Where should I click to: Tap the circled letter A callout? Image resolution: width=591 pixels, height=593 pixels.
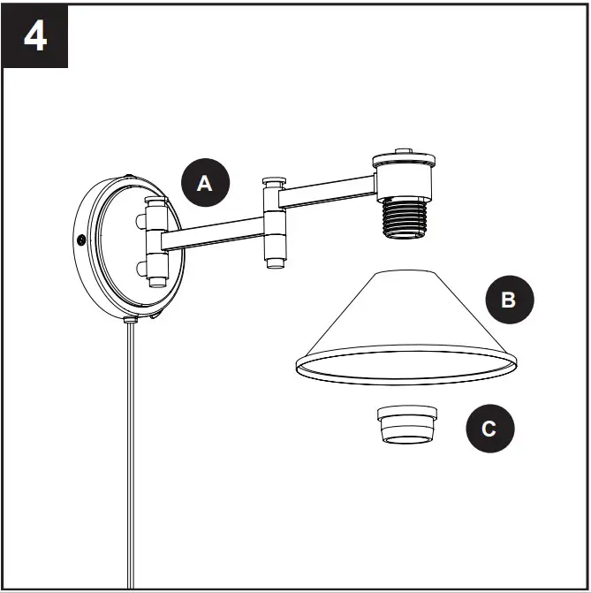click(x=205, y=184)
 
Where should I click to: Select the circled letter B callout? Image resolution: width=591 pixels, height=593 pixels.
click(x=508, y=300)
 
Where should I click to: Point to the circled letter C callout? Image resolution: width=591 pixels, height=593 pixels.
click(x=489, y=430)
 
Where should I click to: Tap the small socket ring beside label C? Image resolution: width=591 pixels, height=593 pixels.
click(x=407, y=426)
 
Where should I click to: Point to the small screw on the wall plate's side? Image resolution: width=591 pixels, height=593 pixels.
click(x=81, y=239)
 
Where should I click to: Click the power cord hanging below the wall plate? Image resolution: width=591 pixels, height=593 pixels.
click(x=132, y=460)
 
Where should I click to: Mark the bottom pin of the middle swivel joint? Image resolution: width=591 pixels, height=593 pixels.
click(x=274, y=262)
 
